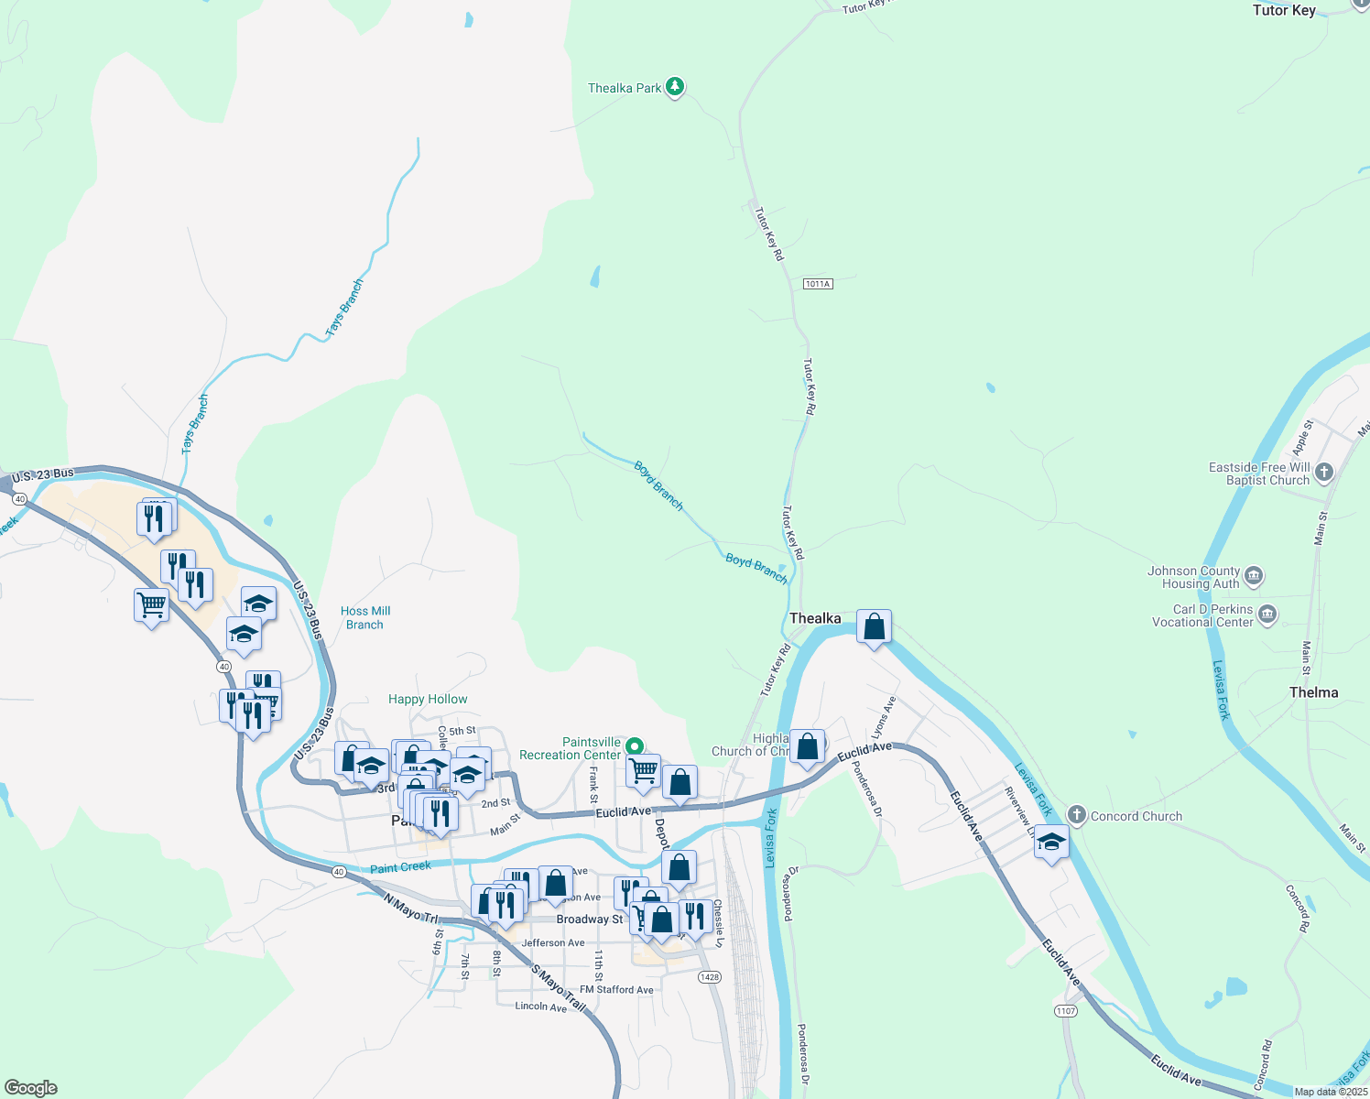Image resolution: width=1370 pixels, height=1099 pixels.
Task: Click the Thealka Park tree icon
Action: [675, 87]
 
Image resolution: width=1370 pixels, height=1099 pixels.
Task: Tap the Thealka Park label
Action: [625, 88]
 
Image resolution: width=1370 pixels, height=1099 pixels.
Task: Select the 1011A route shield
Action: [818, 284]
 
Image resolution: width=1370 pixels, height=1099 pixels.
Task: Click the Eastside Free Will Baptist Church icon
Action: [1323, 473]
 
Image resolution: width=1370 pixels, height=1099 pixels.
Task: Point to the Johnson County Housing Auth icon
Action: [1254, 576]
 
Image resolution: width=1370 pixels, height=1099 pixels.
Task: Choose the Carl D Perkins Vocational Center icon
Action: [1267, 614]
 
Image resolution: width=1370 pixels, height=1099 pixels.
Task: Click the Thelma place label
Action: [1313, 692]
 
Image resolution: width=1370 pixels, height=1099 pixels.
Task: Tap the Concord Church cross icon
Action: [1076, 814]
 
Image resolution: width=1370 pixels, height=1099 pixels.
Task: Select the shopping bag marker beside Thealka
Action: [875, 627]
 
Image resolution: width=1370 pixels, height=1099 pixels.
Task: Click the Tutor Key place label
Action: [1284, 10]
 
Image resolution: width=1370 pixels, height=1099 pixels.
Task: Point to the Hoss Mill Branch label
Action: [365, 617]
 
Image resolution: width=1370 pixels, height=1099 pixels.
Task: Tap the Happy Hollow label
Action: [428, 699]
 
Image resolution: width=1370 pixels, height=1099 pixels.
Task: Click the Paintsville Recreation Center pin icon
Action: [634, 746]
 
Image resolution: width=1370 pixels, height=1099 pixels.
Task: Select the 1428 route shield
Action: [710, 977]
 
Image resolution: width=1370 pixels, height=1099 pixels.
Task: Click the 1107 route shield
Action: [1065, 1011]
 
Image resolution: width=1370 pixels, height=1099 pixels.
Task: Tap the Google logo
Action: [31, 1087]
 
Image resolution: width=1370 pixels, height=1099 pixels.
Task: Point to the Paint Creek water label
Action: [400, 866]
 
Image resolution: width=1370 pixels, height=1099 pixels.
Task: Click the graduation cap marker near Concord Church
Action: [1051, 843]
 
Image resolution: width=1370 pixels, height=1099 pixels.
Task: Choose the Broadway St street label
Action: [589, 919]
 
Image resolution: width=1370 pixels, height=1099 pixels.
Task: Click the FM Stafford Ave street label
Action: [616, 989]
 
